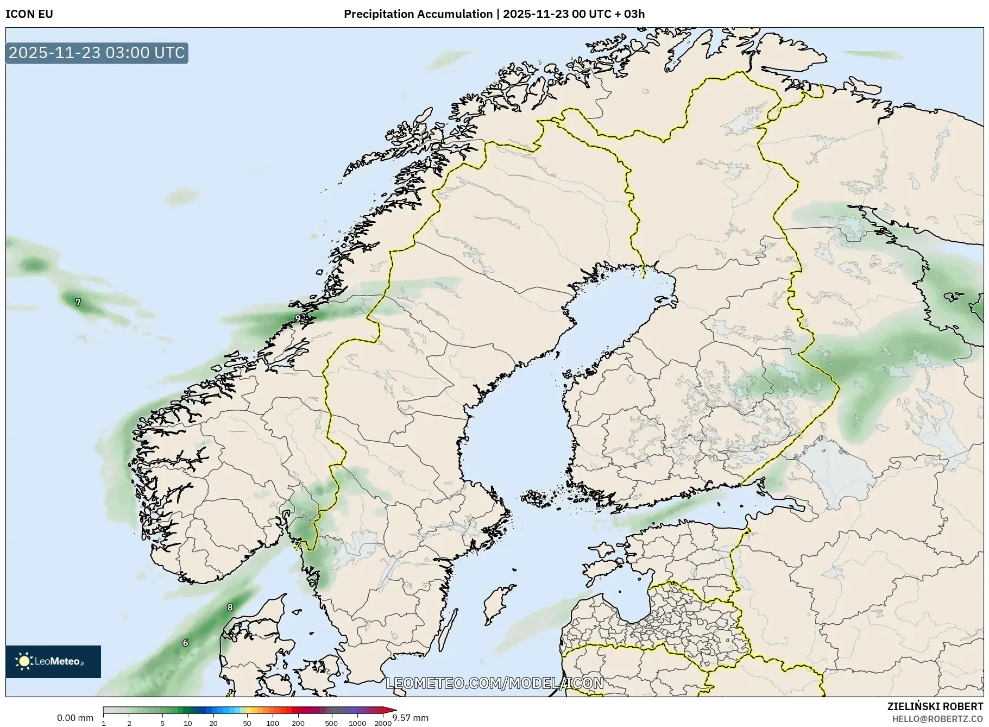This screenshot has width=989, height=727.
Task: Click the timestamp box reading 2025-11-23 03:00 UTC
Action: tap(97, 53)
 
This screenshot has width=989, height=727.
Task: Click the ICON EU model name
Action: tap(29, 14)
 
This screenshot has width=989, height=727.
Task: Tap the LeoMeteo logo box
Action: tap(53, 661)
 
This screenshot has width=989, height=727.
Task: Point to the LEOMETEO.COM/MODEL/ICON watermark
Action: tap(494, 683)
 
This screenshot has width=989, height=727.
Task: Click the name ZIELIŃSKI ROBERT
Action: tap(935, 706)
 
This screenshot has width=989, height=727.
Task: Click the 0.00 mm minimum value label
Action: tap(75, 718)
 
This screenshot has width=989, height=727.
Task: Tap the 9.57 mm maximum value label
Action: tap(411, 718)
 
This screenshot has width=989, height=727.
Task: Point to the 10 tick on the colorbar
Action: tap(187, 723)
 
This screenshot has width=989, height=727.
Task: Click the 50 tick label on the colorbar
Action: tap(247, 723)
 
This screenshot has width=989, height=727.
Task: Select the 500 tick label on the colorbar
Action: tap(331, 723)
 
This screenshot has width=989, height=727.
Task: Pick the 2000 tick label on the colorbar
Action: tap(383, 723)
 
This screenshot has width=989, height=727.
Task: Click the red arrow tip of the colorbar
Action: tap(389, 710)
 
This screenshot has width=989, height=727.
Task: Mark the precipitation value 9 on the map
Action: tap(297, 318)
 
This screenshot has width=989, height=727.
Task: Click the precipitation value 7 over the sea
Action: tap(78, 302)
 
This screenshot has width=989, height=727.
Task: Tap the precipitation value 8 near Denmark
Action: tap(230, 607)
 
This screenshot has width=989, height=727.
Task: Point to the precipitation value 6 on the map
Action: tap(185, 643)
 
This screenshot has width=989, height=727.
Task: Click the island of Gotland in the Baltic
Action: tap(499, 603)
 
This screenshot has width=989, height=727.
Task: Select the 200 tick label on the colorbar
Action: tap(298, 723)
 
